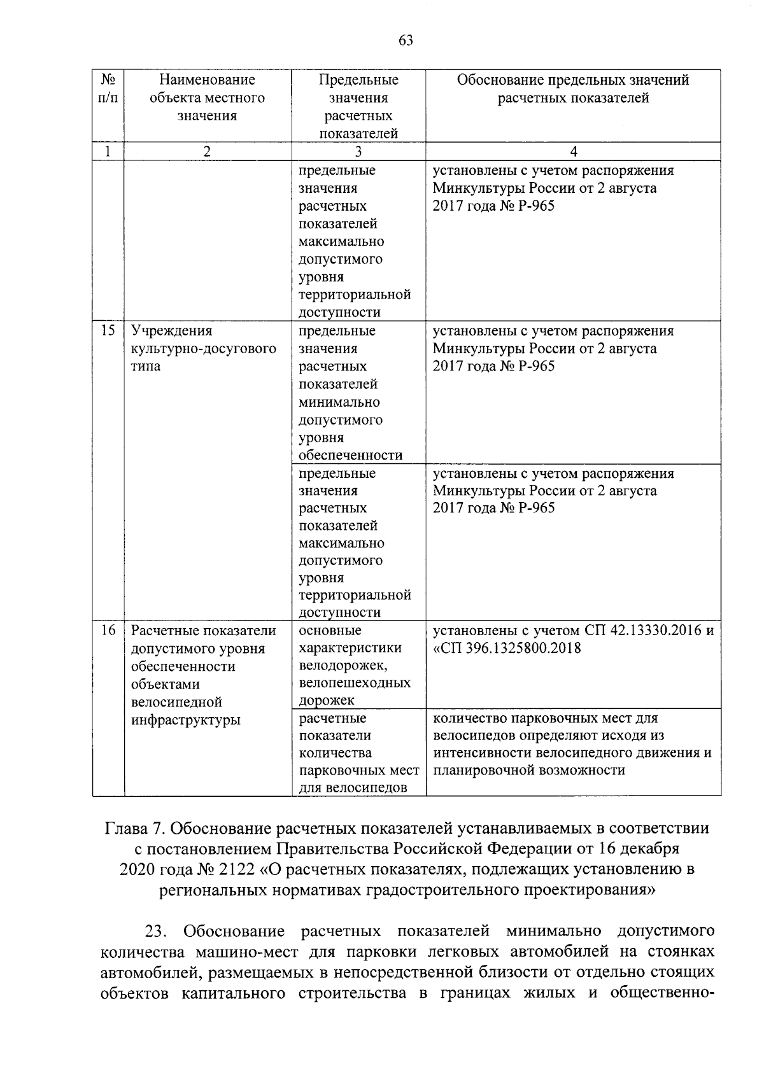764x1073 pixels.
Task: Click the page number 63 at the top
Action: coord(406,41)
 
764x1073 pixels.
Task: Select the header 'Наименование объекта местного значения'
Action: coord(207,98)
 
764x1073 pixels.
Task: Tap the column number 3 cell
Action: coord(358,151)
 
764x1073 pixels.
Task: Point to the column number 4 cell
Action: coord(574,151)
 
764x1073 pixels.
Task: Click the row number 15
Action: coord(108,331)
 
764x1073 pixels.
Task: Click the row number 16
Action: coord(108,631)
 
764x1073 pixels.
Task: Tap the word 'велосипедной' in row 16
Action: coord(176,703)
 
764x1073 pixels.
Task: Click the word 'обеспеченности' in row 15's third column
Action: coord(351,455)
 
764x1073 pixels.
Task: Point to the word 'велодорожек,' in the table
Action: coord(343,666)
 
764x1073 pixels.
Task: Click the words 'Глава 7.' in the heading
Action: coord(134,829)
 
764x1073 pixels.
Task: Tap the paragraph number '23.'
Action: coord(157,932)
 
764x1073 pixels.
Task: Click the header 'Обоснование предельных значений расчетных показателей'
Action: coord(574,89)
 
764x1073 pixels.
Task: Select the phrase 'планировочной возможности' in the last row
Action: coord(529,771)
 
